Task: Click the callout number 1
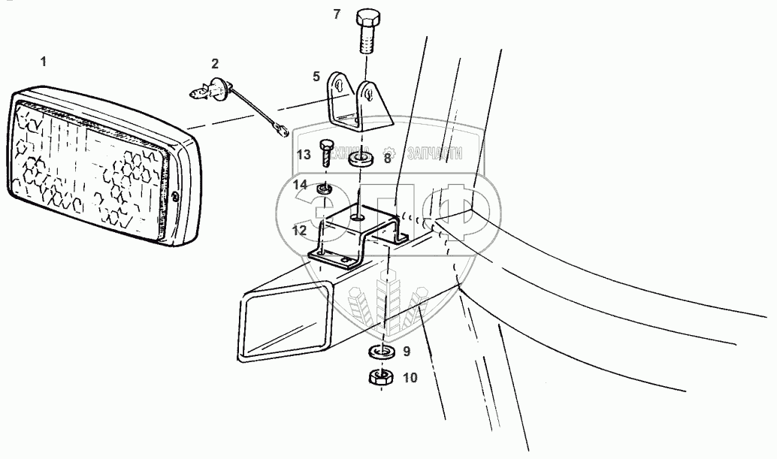[x=43, y=62]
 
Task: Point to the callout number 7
[x=358, y=14]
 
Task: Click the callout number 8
[x=388, y=158]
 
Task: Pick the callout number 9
[x=406, y=351]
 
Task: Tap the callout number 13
[x=303, y=155]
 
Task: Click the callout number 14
[x=301, y=184]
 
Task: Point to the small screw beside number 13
[x=326, y=153]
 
